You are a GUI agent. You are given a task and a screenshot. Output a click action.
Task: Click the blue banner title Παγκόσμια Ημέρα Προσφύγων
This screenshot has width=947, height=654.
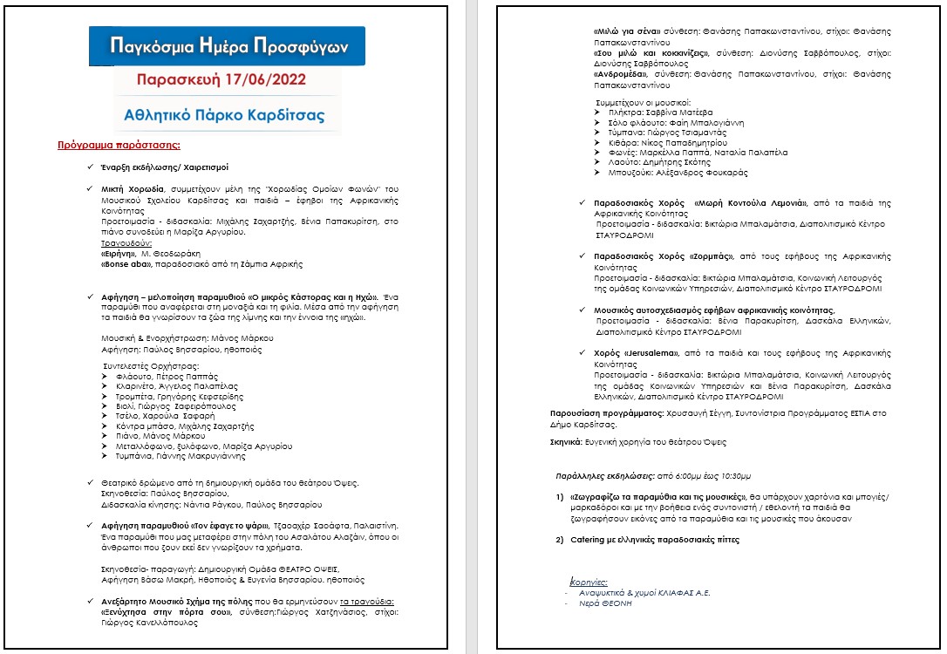[x=227, y=44]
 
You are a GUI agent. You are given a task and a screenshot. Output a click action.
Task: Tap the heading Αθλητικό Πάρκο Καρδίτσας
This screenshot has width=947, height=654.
[x=225, y=114]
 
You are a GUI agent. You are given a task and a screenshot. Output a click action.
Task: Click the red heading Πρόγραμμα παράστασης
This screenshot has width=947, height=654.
[x=119, y=145]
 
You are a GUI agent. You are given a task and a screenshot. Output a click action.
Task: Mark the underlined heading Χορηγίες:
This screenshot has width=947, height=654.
[x=589, y=581]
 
